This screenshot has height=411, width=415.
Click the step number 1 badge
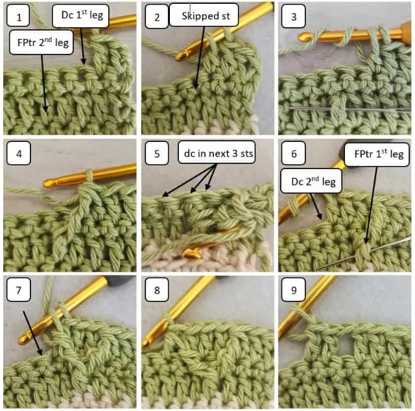coord(19,17)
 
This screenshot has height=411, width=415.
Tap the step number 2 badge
coord(157,17)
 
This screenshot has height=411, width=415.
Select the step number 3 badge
coord(294,17)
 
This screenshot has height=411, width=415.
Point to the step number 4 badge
coord(19,154)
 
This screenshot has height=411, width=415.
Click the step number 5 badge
coord(157,154)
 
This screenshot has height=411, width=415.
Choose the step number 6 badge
coord(294,154)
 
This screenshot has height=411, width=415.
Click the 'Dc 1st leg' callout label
coord(81,14)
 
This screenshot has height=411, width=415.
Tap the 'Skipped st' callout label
coord(204,16)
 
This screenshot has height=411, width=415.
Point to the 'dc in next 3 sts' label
coord(215,154)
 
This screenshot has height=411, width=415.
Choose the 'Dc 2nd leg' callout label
coord(313,183)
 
